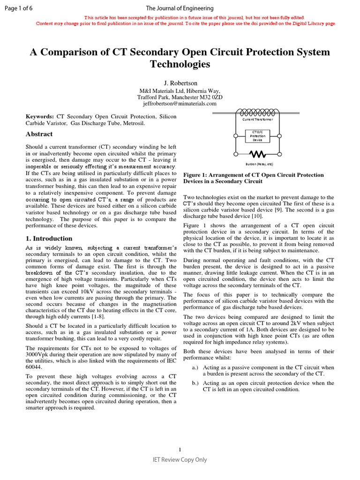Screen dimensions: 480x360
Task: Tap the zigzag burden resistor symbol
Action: pyautogui.click(x=257, y=154)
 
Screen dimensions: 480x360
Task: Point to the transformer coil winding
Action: pyautogui.click(x=257, y=112)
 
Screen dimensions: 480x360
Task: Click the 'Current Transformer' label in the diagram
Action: pyautogui.click(x=257, y=120)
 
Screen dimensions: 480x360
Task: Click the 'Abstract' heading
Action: pyautogui.click(x=39, y=134)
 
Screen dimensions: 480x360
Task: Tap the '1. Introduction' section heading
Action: pyautogui.click(x=49, y=239)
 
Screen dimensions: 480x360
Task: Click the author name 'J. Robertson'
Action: pyautogui.click(x=180, y=82)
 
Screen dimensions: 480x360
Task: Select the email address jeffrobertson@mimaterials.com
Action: pyautogui.click(x=180, y=104)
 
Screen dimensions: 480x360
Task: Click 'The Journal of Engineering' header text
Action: pyautogui.click(x=180, y=8)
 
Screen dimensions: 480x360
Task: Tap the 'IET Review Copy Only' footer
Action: pyautogui.click(x=180, y=460)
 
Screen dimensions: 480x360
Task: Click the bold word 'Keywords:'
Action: pyautogui.click(x=39, y=116)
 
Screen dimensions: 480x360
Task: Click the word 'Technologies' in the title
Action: pyautogui.click(x=180, y=64)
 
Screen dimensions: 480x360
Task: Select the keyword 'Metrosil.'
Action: pyautogui.click(x=133, y=123)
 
